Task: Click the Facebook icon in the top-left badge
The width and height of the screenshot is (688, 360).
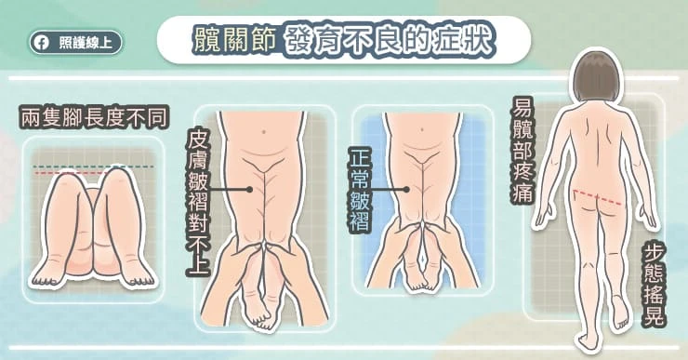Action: (43, 43)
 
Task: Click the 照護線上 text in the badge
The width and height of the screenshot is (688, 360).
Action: (85, 43)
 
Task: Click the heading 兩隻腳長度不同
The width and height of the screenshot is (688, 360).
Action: (94, 117)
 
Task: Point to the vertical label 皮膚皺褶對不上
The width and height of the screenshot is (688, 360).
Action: (198, 202)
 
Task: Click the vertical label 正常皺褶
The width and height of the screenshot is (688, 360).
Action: (360, 189)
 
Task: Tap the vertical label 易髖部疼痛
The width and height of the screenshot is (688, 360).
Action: (522, 150)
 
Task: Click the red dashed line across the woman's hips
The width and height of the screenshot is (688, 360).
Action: (597, 197)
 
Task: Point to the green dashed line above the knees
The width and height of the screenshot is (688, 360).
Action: (94, 167)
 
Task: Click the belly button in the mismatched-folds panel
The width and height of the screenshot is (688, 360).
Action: (263, 131)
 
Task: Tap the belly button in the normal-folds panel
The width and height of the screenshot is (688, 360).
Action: (422, 129)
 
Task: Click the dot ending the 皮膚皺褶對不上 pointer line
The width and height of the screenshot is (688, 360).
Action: (249, 189)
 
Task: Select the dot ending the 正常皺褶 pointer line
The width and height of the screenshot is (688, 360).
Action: (406, 189)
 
